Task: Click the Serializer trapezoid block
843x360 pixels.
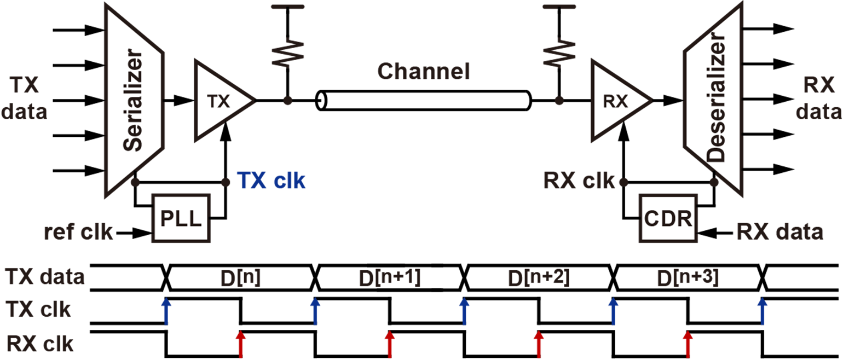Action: [x=132, y=100]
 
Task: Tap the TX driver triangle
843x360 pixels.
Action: [x=219, y=101]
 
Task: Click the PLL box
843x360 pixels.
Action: [x=181, y=218]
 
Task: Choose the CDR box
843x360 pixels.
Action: [x=668, y=219]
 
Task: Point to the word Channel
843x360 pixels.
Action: [x=423, y=71]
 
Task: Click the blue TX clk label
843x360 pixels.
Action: [x=271, y=181]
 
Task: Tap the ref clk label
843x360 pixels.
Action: [x=78, y=232]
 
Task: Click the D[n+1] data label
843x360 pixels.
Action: [x=389, y=278]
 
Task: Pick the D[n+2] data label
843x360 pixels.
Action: [x=539, y=278]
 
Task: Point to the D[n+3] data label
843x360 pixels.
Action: [x=688, y=278]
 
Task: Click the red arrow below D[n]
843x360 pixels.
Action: [x=240, y=344]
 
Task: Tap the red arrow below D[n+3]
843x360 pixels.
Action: [x=688, y=344]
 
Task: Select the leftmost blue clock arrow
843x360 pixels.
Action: [x=166, y=311]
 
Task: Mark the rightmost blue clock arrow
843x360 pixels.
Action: [x=762, y=311]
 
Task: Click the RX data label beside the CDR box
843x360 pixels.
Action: [x=780, y=232]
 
